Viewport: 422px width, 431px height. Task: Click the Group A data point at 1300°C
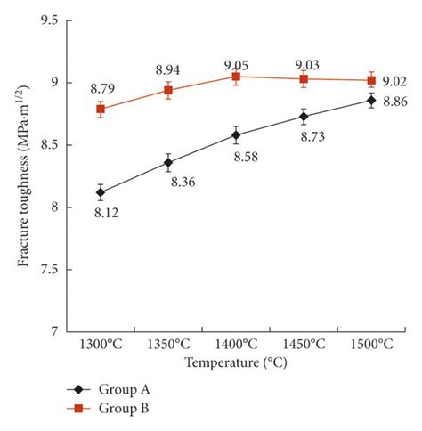point(101,192)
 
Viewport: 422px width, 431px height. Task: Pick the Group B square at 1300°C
point(101,109)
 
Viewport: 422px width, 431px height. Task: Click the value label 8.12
point(105,213)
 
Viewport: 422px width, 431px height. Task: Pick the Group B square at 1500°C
point(371,80)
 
